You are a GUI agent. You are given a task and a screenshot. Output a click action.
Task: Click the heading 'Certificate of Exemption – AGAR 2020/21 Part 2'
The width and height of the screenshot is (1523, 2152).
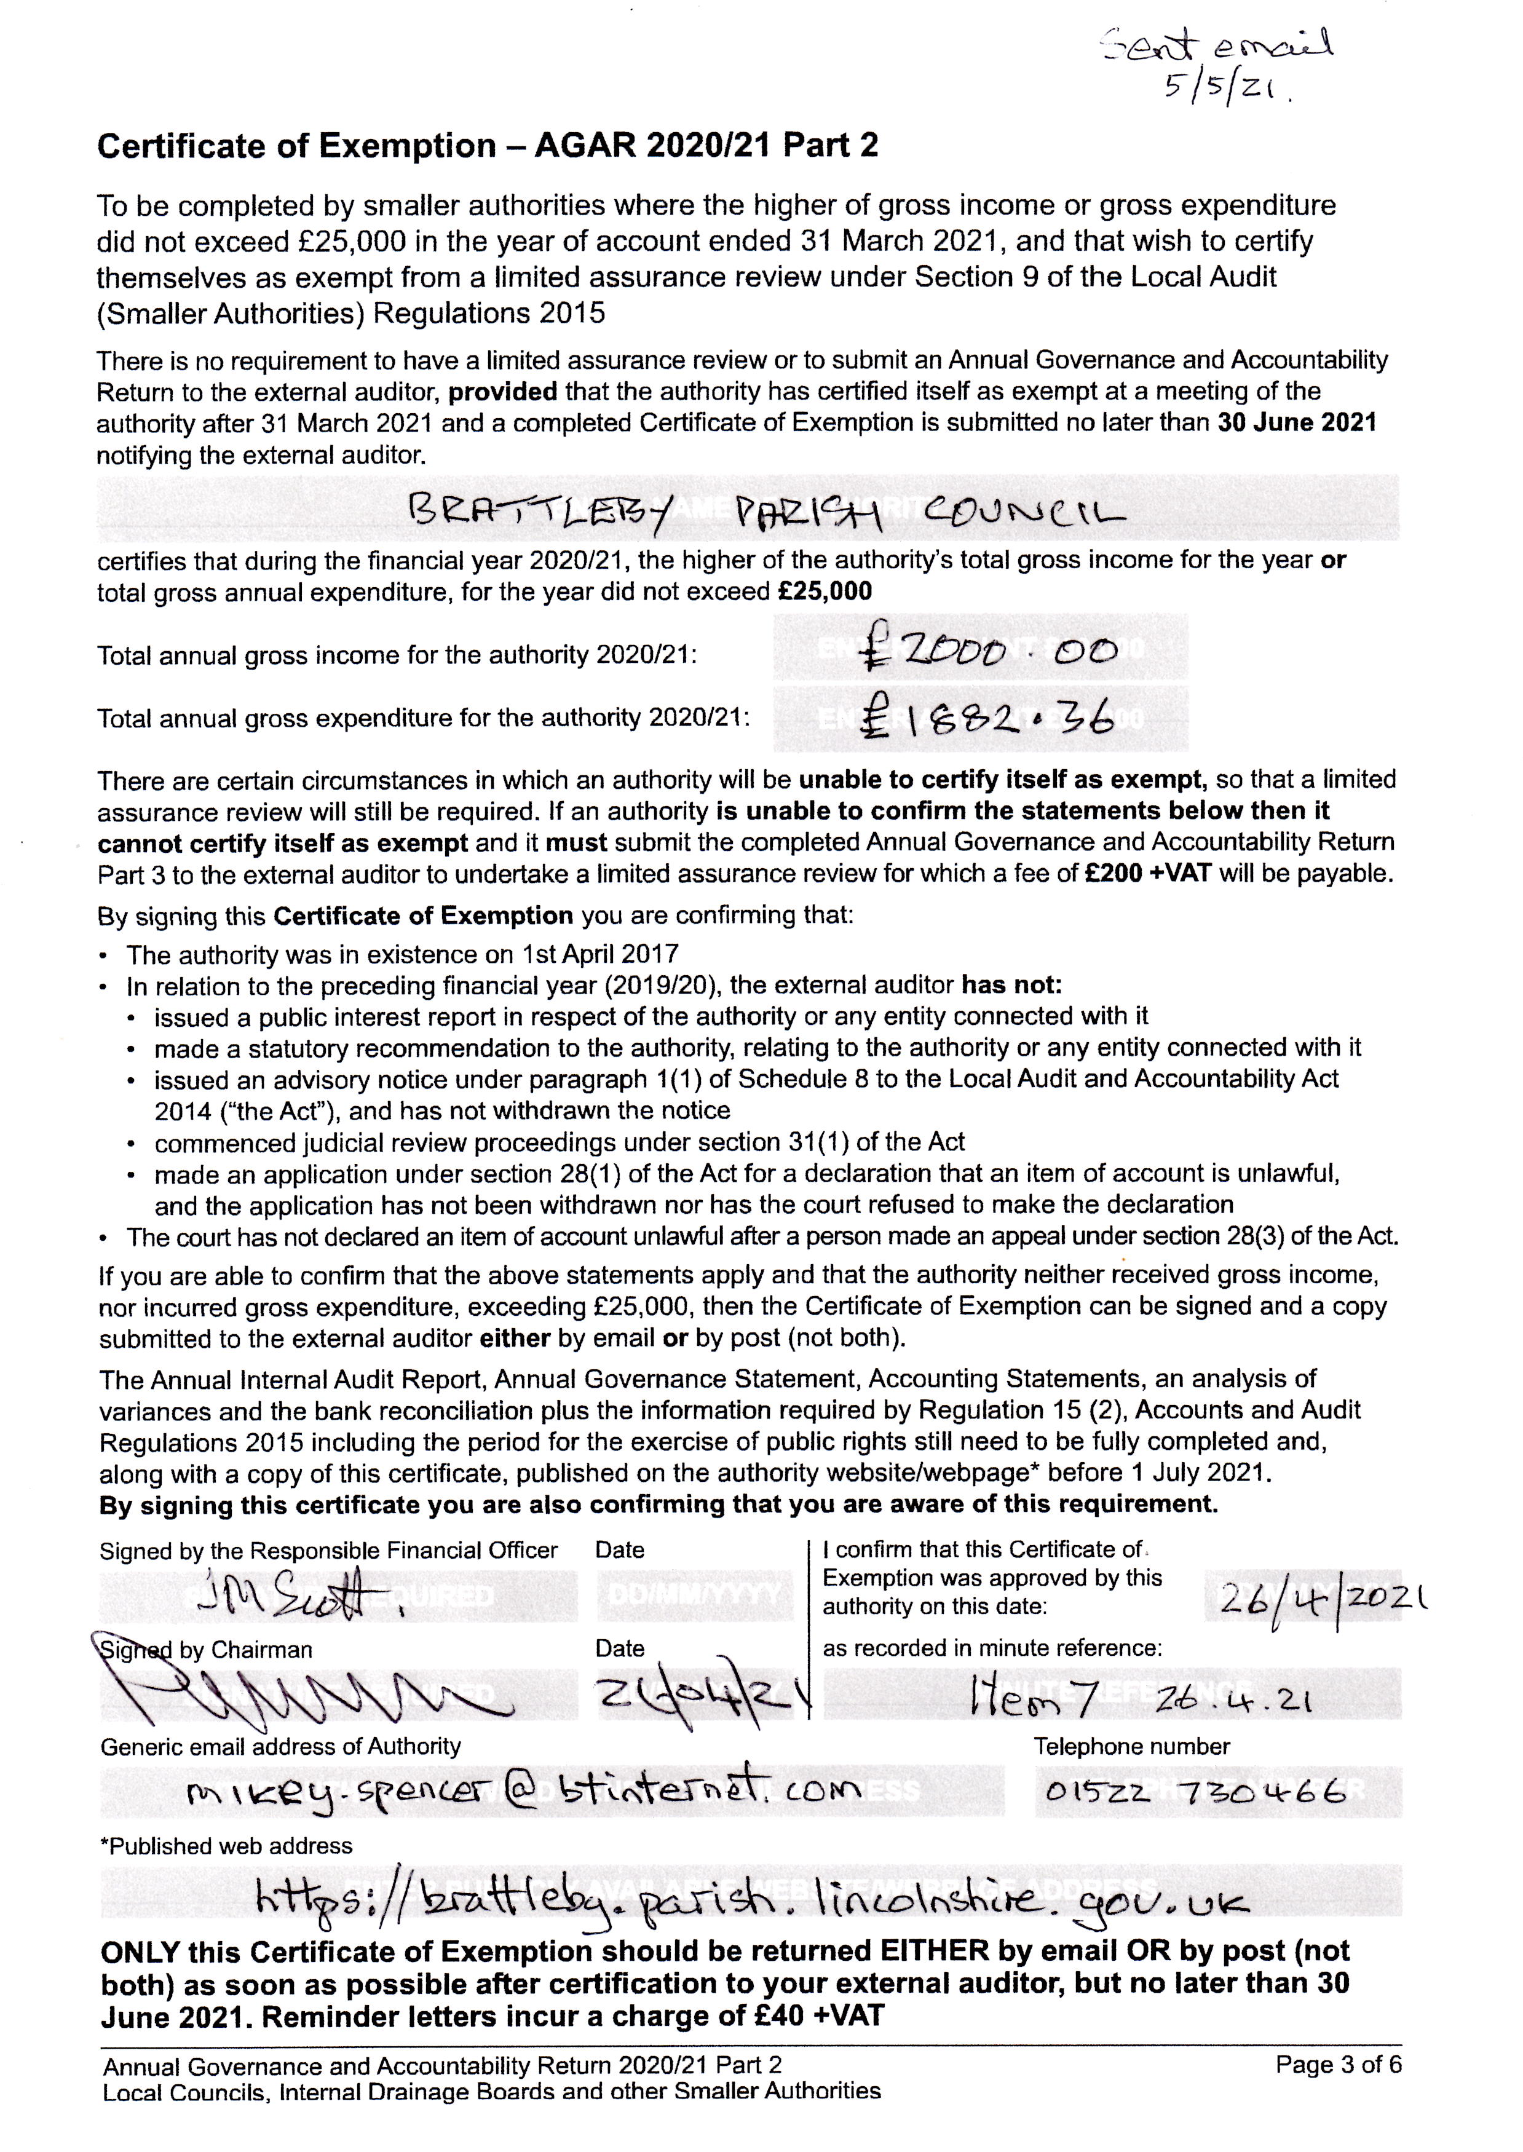pyautogui.click(x=488, y=146)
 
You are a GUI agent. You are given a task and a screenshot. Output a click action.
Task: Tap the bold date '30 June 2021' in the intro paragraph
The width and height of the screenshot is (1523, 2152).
pyautogui.click(x=1296, y=423)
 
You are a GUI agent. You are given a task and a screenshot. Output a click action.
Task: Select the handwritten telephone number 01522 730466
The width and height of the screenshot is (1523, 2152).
pyautogui.click(x=1197, y=1792)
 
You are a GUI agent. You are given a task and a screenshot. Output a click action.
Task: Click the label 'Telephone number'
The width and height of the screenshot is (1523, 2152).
pyautogui.click(x=1132, y=1746)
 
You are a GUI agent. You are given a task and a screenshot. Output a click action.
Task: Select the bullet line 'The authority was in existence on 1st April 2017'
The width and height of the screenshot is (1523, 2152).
pyautogui.click(x=402, y=955)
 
